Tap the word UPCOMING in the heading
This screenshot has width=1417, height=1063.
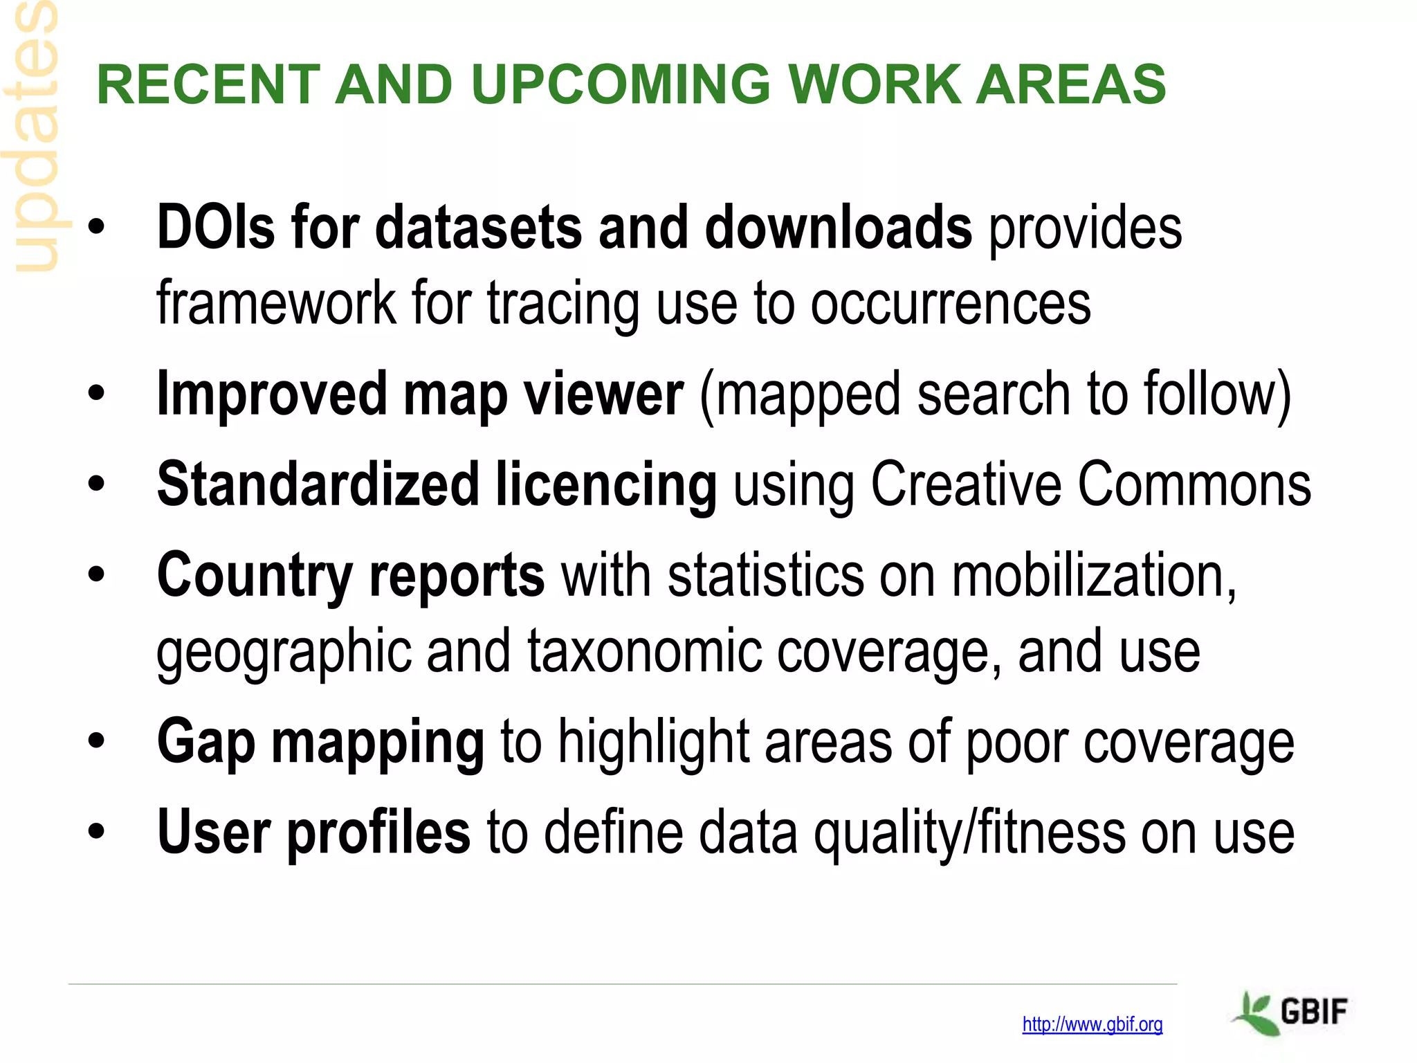click(x=620, y=84)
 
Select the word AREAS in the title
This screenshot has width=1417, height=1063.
click(x=1070, y=84)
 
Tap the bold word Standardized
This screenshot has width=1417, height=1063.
click(x=318, y=484)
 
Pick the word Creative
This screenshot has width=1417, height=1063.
click(x=966, y=484)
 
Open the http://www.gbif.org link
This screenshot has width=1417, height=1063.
click(x=1092, y=1024)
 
